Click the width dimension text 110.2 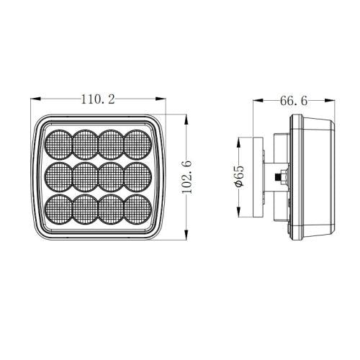(100, 100)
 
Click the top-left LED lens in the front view (59, 143)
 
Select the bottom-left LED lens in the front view (59, 208)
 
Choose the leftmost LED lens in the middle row (59, 176)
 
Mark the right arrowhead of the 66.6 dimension (336, 100)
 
